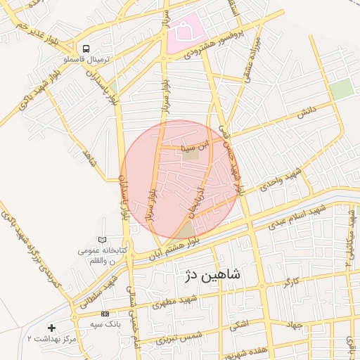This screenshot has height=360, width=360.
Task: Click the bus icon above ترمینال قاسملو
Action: tap(85, 49)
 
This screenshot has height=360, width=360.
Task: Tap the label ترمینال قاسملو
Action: tap(84, 60)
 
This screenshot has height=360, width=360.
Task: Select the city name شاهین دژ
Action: tap(212, 274)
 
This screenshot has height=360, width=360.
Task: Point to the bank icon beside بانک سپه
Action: tap(105, 314)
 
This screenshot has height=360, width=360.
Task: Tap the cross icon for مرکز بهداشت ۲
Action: tap(51, 328)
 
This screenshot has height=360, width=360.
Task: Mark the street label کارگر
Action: tap(291, 283)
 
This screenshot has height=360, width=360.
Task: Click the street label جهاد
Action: tap(293, 326)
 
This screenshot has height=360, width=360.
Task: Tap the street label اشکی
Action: tap(239, 326)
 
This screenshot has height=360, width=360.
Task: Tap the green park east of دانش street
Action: tap(342, 89)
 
